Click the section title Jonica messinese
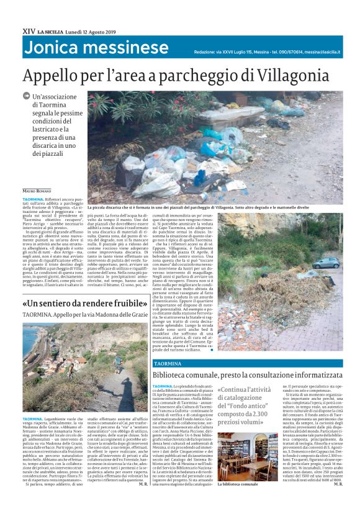[96, 49]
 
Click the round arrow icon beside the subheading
[26, 96]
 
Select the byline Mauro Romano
[38, 190]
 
